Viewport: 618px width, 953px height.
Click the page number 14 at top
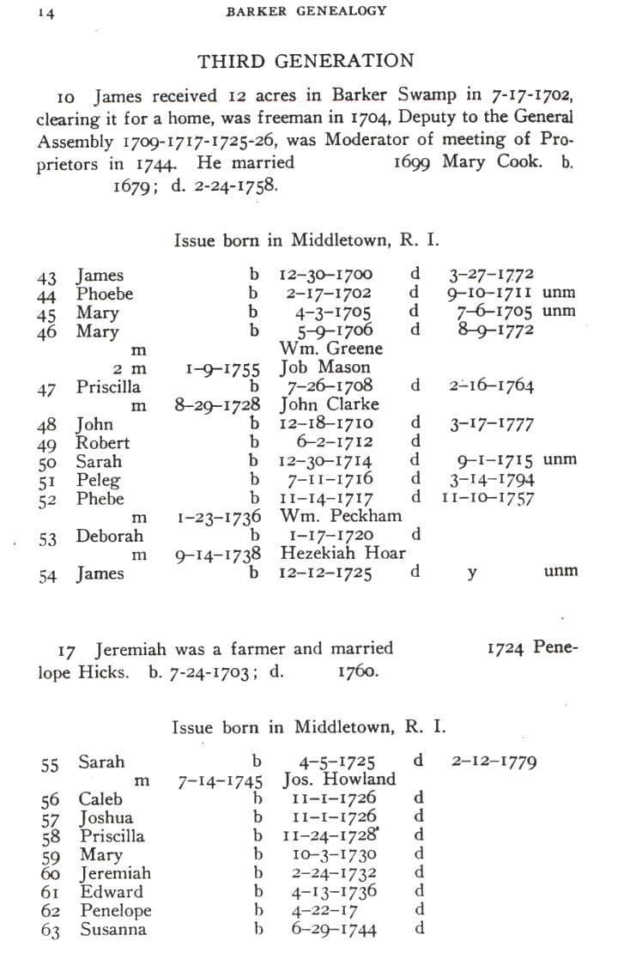coord(45,13)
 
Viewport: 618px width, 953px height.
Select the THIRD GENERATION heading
coord(306,61)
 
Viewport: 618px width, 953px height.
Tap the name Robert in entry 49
coord(103,443)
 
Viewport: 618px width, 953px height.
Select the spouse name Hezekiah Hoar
coord(342,554)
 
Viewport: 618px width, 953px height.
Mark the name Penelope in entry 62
coord(114,911)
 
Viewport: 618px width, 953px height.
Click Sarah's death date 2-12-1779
coord(494,762)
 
